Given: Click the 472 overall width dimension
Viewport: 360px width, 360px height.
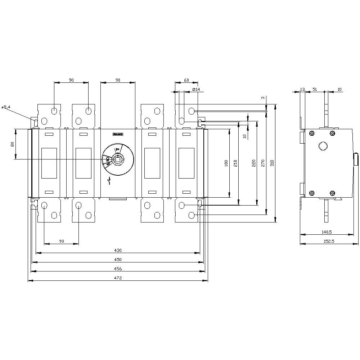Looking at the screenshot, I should (x=118, y=278).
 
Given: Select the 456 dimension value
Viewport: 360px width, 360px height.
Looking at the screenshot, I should (x=118, y=269).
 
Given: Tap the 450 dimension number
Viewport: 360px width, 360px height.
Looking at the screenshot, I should (x=118, y=260).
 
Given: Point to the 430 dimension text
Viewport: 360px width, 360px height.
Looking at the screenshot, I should (x=118, y=250).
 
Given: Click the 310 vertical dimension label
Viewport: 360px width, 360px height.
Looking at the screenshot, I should (x=273, y=163).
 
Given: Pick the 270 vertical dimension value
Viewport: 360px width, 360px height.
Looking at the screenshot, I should (x=263, y=163).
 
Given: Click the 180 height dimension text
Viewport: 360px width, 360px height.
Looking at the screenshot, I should (x=226, y=163).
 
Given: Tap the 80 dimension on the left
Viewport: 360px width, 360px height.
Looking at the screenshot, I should (x=13, y=144).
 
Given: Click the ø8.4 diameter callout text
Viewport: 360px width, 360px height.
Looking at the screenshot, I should (x=6, y=107).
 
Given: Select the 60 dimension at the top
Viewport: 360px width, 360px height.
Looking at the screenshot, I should (x=186, y=80).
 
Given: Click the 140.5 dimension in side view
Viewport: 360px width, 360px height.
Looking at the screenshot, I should (x=327, y=232).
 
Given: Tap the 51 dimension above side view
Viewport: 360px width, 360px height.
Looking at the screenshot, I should (x=315, y=89).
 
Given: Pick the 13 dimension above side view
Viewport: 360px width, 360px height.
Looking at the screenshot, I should (x=302, y=89).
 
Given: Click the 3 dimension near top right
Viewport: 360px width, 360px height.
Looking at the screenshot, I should (x=263, y=98).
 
